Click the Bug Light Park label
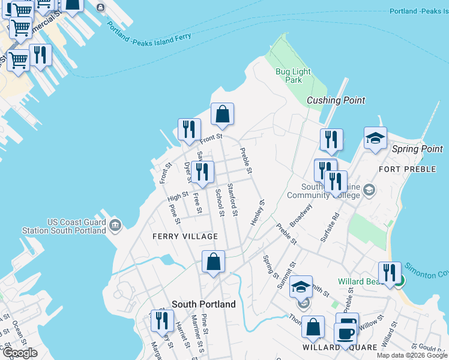pyautogui.click(x=293, y=76)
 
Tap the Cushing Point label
pyautogui.click(x=336, y=100)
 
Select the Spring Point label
pyautogui.click(x=417, y=149)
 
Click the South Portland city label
pyautogui.click(x=203, y=304)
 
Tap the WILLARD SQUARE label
pyautogui.click(x=340, y=347)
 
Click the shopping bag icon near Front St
pyautogui.click(x=222, y=114)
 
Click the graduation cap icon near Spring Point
pyautogui.click(x=375, y=138)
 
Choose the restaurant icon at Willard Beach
pyautogui.click(x=389, y=273)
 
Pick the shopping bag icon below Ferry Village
pyautogui.click(x=214, y=262)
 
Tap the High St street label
pyautogui.click(x=178, y=196)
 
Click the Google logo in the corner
pyautogui.click(x=20, y=353)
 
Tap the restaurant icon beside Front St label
pyautogui.click(x=189, y=130)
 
